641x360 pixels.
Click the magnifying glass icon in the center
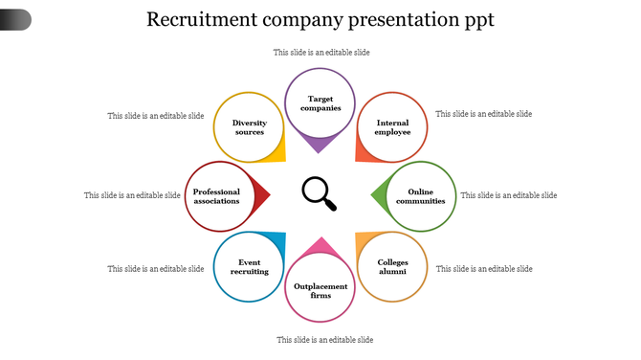click(x=320, y=193)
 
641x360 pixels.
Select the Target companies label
click(x=320, y=103)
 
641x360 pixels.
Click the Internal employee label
click(x=392, y=127)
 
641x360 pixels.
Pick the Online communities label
click(x=421, y=196)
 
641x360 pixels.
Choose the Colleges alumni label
click(x=392, y=266)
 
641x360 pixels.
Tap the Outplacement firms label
click(x=320, y=290)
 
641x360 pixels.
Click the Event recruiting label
click(x=249, y=266)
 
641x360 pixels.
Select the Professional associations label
click(x=216, y=196)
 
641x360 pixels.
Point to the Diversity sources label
click(x=249, y=127)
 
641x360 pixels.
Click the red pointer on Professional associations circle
click(x=262, y=195)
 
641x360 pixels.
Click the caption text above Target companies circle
click(x=321, y=53)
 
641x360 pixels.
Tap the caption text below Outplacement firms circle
click(x=324, y=340)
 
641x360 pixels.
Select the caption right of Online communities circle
click(x=508, y=195)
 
